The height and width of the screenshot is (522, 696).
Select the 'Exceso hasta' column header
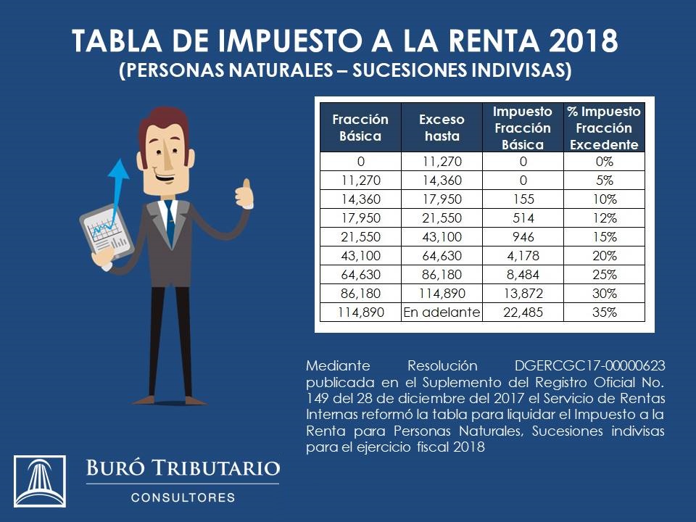(x=441, y=128)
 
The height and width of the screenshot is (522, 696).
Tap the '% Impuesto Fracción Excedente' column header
(x=604, y=128)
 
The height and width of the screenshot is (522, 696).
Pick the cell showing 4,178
(x=522, y=256)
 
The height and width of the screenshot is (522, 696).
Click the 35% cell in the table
(x=604, y=312)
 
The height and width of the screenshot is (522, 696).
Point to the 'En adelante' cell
(x=441, y=312)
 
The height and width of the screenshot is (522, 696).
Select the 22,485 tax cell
(x=522, y=312)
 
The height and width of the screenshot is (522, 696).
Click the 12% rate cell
(x=604, y=217)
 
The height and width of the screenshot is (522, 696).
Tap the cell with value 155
(x=522, y=199)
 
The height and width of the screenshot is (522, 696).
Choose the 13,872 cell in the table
(x=522, y=294)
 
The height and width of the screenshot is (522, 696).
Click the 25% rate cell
(x=604, y=275)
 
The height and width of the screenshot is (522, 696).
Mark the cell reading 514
(x=522, y=217)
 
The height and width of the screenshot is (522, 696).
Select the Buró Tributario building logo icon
(x=40, y=481)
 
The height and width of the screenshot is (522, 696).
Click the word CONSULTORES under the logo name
(x=183, y=498)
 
